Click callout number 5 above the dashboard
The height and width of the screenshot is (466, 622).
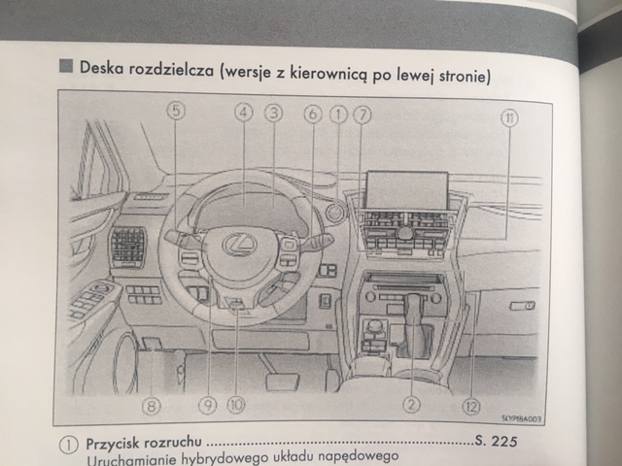tap(175, 113)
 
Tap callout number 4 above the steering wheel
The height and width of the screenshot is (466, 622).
tap(243, 113)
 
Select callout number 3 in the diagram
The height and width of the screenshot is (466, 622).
tap(274, 113)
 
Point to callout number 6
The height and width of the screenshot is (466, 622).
tap(312, 113)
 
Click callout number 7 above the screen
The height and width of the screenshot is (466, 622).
tap(363, 113)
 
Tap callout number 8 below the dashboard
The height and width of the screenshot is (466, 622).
tap(151, 405)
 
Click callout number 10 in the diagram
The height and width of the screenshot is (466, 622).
tap(237, 404)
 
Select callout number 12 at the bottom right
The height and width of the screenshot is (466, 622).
tap(470, 404)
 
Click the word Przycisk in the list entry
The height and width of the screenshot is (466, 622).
tap(117, 443)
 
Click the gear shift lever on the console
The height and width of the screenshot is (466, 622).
tap(414, 316)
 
